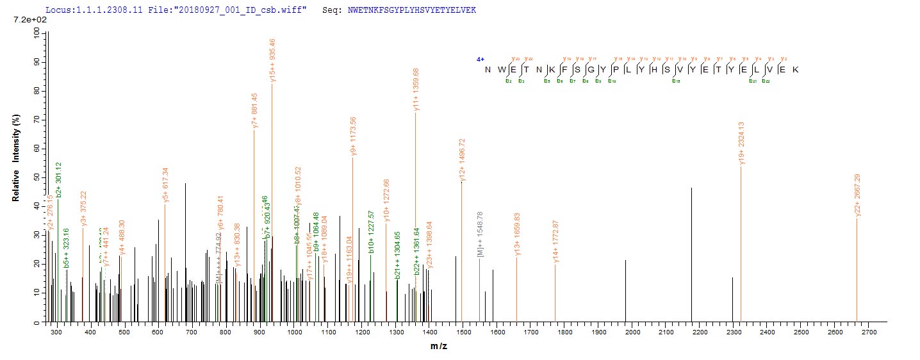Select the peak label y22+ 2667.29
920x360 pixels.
[857, 195]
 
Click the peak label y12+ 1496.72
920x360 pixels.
[462, 161]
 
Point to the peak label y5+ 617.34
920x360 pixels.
[165, 185]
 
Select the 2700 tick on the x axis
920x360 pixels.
[869, 333]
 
